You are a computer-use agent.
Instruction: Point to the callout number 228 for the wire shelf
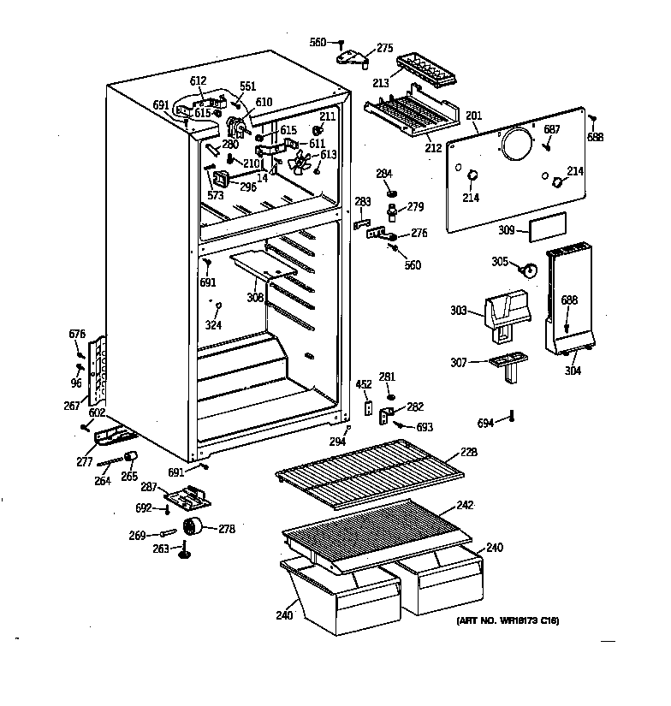[x=468, y=452]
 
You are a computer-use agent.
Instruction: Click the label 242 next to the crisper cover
[x=464, y=506]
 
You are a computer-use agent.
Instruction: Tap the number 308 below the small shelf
[x=255, y=298]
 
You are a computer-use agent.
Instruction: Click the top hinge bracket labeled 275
[x=354, y=58]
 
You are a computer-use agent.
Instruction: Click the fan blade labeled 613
[x=300, y=163]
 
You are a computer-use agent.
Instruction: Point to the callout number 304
[x=572, y=371]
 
